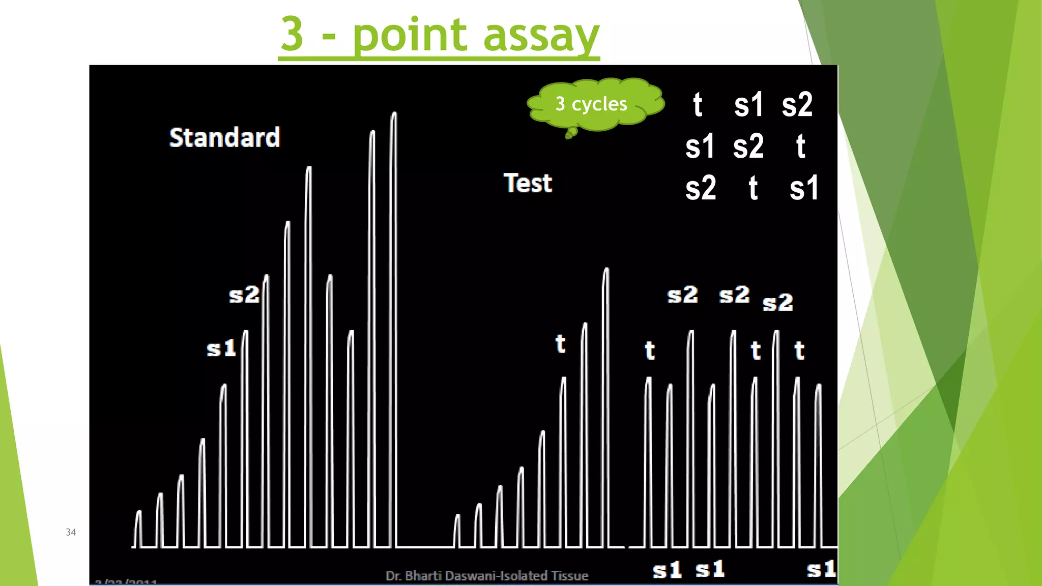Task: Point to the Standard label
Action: pyautogui.click(x=224, y=137)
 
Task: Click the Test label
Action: pyautogui.click(x=528, y=183)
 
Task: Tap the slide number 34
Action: pyautogui.click(x=71, y=532)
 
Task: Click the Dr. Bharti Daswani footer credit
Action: pyautogui.click(x=487, y=576)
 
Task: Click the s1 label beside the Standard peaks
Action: pyautogui.click(x=221, y=349)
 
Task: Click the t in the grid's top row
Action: pyautogui.click(x=698, y=105)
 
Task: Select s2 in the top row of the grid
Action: pyautogui.click(x=797, y=105)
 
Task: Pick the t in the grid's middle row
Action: pyautogui.click(x=800, y=146)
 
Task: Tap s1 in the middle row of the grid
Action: pyautogui.click(x=700, y=146)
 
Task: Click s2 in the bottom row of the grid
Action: pyautogui.click(x=701, y=188)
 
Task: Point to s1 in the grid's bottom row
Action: pyautogui.click(x=804, y=188)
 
